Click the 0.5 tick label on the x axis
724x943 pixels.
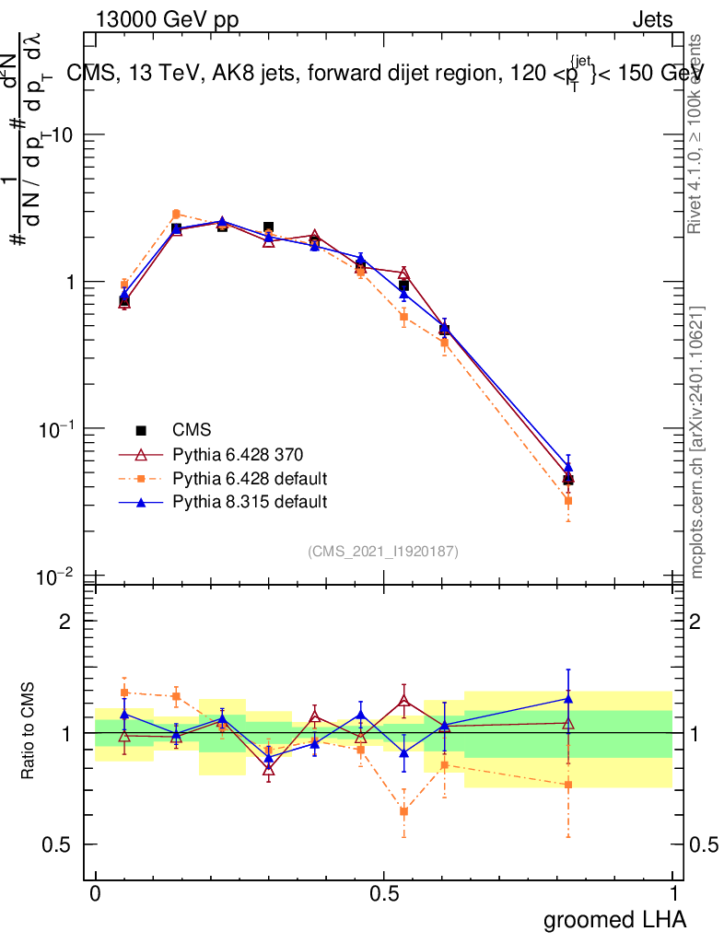pos(384,893)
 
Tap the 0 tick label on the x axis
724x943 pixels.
pos(95,893)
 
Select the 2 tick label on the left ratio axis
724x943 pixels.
pos(64,621)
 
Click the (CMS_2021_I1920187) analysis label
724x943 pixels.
pos(383,552)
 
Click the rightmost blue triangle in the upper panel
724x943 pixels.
pos(568,467)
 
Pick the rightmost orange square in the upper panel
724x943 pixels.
pos(568,501)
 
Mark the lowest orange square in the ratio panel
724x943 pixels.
pos(403,811)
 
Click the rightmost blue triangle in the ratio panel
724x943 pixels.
pos(568,698)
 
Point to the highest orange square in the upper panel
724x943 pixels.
pos(176,214)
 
